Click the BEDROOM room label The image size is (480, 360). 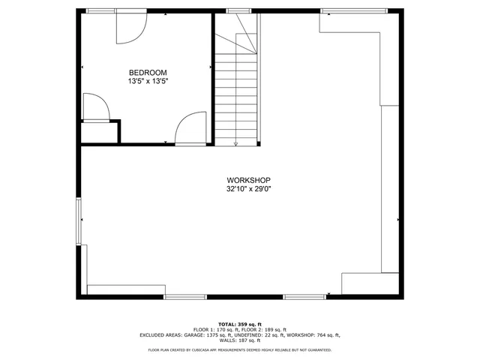point(142,72)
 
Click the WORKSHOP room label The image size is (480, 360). point(248,180)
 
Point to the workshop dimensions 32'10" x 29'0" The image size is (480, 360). point(248,189)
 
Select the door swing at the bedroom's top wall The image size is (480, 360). point(128,28)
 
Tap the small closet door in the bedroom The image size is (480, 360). point(95,106)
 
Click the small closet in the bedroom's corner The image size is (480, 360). point(100,131)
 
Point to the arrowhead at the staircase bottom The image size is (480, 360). point(236,142)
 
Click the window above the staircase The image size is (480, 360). point(238,11)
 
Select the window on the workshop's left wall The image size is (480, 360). point(79,220)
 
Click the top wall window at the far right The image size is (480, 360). point(353,11)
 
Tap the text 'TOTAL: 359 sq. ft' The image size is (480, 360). point(239,323)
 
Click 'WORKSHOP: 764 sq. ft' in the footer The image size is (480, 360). point(316,334)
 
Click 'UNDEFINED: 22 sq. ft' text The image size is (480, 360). point(270,334)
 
